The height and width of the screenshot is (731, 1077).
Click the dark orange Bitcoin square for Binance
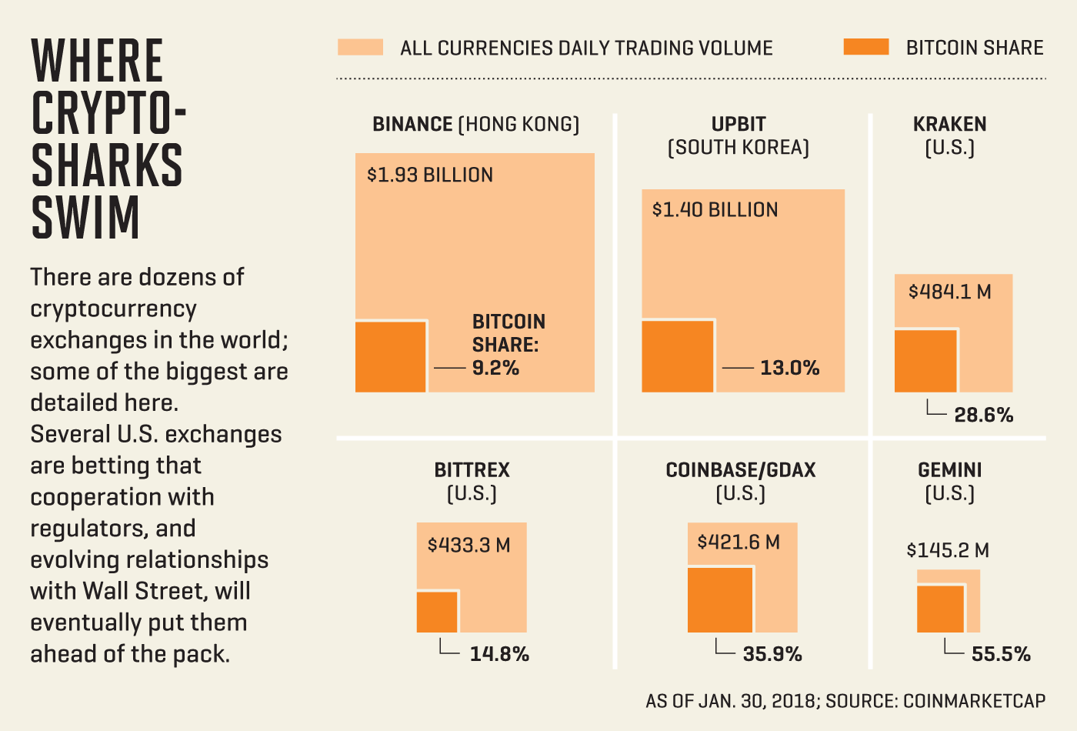(391, 356)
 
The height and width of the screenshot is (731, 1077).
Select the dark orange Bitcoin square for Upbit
(678, 356)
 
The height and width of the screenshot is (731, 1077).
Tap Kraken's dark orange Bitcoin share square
(926, 361)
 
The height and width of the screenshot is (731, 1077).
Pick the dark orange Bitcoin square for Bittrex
(437, 612)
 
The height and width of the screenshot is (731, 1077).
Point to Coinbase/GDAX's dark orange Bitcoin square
(720, 600)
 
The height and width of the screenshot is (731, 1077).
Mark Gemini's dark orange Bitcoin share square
(940, 609)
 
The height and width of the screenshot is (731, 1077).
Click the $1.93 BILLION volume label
(430, 175)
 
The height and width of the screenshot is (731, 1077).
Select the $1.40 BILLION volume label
(715, 210)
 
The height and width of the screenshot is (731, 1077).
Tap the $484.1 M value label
(949, 292)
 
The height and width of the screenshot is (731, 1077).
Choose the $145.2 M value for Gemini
(948, 550)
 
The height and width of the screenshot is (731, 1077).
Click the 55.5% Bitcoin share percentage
(1001, 654)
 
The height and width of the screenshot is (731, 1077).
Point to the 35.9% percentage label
(772, 654)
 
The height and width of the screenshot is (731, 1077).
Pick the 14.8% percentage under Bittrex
(499, 654)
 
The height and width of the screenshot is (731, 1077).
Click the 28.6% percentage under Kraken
(983, 416)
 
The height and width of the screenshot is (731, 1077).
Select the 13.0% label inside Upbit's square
(790, 368)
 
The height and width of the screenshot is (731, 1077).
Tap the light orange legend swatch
(360, 48)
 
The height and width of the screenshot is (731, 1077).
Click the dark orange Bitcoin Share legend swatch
(865, 48)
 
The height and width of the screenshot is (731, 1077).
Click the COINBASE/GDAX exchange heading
(740, 470)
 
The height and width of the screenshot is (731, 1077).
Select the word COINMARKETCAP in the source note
(974, 701)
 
